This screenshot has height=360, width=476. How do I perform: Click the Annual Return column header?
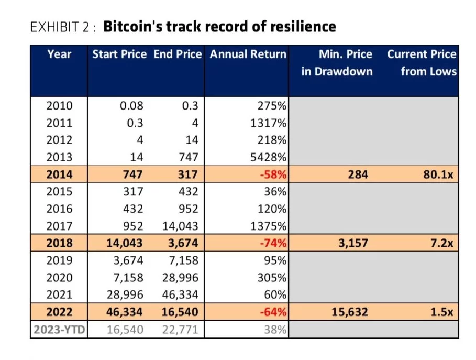248,54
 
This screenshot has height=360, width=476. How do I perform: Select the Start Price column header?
119,54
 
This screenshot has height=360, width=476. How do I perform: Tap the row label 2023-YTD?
59,330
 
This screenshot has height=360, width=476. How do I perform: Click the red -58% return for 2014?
274,174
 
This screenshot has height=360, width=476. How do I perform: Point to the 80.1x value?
439,174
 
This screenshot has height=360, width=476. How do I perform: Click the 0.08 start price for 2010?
131,106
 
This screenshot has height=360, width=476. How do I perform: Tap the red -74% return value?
274,243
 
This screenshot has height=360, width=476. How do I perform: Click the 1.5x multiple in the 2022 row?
442,312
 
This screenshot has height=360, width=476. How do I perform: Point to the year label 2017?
59,226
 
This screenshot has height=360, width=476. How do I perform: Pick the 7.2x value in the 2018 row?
442,243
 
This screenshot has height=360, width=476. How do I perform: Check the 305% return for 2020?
273,278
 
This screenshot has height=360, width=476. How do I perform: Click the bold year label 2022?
59,312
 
